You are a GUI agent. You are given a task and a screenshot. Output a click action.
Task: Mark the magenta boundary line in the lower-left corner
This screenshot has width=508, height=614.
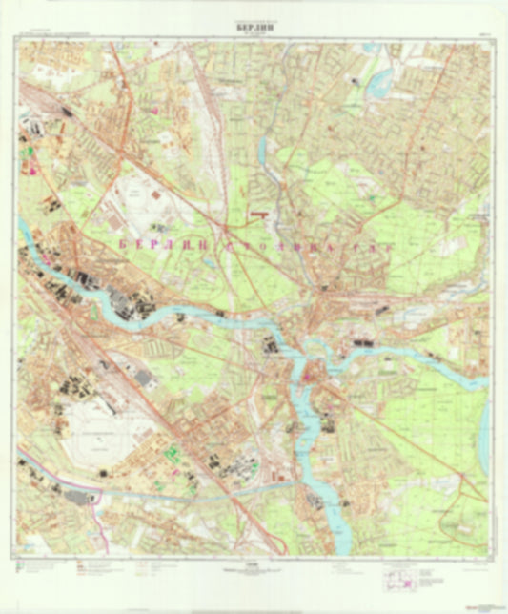tap(38, 466)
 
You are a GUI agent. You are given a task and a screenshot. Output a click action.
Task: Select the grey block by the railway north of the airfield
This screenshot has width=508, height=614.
tap(143, 379)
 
